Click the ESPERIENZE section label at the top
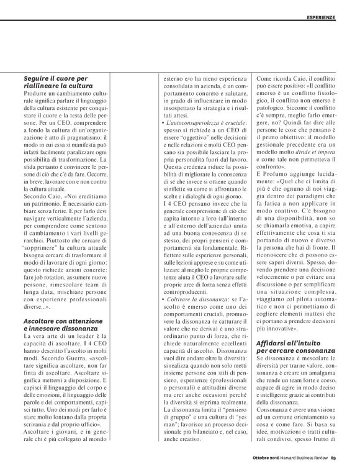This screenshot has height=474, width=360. pos(329,17)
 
